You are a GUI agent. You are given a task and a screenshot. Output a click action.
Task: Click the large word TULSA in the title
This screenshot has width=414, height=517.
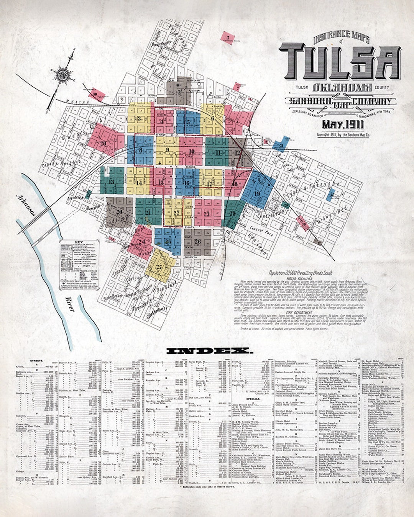click(340, 61)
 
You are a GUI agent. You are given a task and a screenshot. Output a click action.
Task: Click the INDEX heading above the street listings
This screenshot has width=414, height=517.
click(209, 350)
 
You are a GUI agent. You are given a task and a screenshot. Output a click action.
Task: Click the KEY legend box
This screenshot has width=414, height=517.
click(80, 264)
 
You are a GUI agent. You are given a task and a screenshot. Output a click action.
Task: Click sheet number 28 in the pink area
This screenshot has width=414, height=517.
click(102, 143)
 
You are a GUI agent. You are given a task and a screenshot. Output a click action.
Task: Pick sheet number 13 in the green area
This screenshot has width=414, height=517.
click(111, 182)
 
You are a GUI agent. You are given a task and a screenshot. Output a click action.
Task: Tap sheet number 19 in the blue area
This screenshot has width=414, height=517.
click(256, 194)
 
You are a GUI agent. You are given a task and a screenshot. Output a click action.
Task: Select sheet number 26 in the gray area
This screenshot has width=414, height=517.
click(197, 242)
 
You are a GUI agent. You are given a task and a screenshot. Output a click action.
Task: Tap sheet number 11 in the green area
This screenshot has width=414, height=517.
click(219, 153)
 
